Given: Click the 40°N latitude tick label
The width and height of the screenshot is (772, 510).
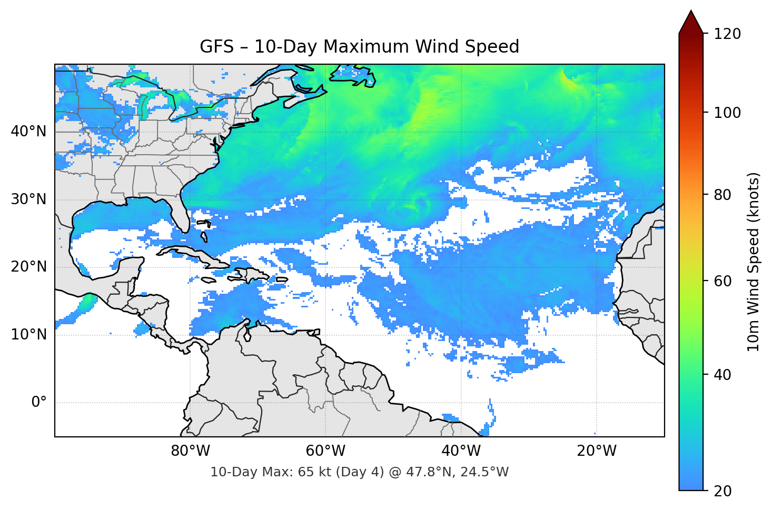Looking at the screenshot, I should pos(28,132).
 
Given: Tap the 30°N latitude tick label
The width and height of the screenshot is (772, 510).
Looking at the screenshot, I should pos(28,199).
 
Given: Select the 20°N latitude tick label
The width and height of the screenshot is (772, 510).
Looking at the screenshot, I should pos(28,267).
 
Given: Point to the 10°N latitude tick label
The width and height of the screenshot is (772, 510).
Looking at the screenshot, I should pos(28,335).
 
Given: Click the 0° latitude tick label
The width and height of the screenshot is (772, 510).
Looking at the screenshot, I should pos(39,403).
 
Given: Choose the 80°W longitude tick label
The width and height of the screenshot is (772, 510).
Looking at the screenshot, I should pos(190,451).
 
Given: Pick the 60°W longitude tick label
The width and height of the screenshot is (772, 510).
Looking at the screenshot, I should pos(325,451).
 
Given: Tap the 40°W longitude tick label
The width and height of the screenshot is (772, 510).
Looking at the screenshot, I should pos(461,451).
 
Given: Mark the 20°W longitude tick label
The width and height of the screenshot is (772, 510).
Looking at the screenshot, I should pos(596,451).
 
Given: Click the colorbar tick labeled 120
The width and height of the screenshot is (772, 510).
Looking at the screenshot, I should pos(727,34).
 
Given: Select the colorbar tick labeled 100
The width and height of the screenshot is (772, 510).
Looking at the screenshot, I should pos(727,113).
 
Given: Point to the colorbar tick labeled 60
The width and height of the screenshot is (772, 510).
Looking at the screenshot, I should pos(722,281).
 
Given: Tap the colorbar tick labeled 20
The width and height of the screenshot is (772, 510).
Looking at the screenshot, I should pos(722,491).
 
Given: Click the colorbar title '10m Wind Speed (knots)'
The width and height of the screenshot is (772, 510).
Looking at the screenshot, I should pos(754,262).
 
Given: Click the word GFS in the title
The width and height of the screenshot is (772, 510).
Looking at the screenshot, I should pos(216,47).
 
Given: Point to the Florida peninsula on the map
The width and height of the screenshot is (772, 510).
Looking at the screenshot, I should pos(182,216).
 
